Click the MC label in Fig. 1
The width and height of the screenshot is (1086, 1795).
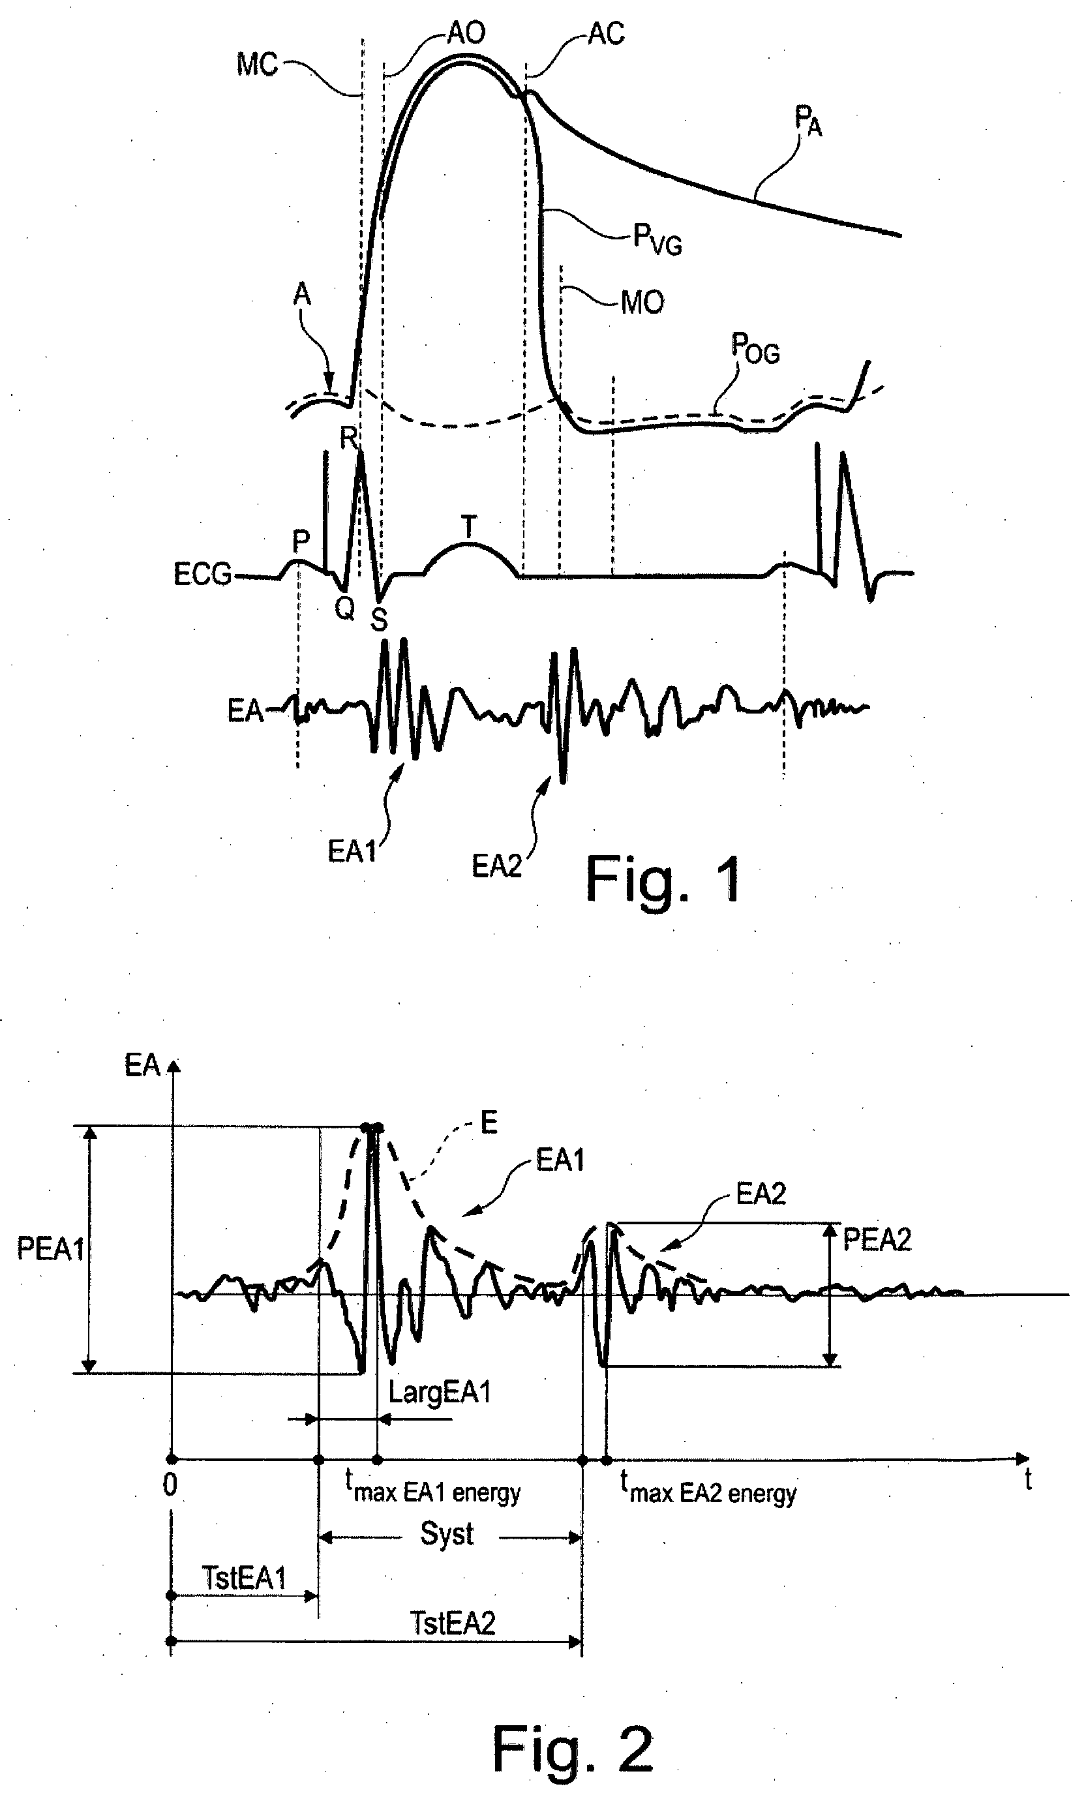(257, 65)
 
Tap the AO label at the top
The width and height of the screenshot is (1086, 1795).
(466, 33)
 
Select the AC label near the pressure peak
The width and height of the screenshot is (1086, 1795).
(606, 33)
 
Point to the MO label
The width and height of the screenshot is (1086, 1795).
(642, 301)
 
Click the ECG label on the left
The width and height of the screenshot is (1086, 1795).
(202, 574)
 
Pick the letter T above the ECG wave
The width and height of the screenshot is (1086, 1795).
(469, 527)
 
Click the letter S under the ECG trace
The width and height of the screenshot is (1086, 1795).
(379, 619)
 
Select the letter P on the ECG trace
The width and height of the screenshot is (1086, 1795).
(301, 541)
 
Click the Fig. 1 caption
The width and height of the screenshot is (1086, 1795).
(664, 879)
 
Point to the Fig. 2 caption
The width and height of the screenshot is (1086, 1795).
(573, 1749)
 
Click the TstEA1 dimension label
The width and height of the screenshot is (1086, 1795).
(244, 1578)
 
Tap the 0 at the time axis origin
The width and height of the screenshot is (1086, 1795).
(170, 1485)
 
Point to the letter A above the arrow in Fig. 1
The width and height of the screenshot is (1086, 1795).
(301, 294)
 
